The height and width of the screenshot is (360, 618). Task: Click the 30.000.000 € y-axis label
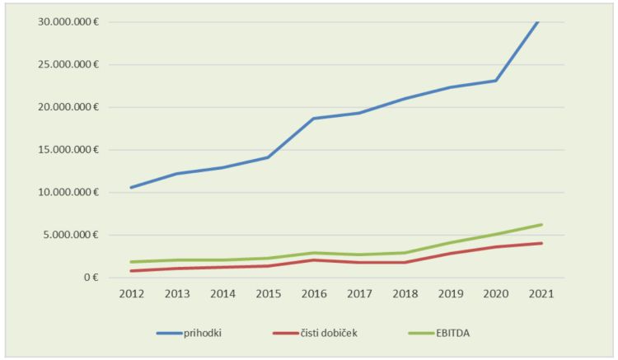pyautogui.click(x=68, y=21)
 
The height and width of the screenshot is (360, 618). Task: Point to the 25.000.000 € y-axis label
pyautogui.click(x=68, y=64)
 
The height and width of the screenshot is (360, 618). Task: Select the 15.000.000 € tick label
pyautogui.click(x=68, y=149)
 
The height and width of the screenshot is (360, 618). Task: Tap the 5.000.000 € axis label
pyautogui.click(x=72, y=235)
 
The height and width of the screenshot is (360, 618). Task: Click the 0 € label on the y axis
pyautogui.click(x=91, y=278)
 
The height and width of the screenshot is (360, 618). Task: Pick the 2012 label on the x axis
pyautogui.click(x=131, y=293)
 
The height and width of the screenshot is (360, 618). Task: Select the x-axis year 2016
pyautogui.click(x=313, y=293)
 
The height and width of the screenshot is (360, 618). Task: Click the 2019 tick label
pyautogui.click(x=450, y=293)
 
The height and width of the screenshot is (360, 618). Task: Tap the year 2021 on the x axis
pyautogui.click(x=541, y=293)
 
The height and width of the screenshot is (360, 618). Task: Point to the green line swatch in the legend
pyautogui.click(x=425, y=333)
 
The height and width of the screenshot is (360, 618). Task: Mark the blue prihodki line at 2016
pyautogui.click(x=313, y=119)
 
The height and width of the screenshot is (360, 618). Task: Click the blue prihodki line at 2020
pyautogui.click(x=495, y=81)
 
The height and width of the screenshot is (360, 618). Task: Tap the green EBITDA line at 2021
pyautogui.click(x=541, y=224)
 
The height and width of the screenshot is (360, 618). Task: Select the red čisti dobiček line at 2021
pyautogui.click(x=541, y=243)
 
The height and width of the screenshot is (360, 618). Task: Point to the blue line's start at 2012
pyautogui.click(x=131, y=187)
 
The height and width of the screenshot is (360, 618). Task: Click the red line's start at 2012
pyautogui.click(x=131, y=270)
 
